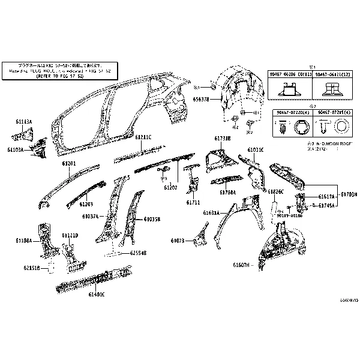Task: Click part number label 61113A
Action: click(24, 121)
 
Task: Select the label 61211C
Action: click(143, 137)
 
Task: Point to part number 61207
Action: click(170, 187)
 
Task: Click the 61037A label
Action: click(92, 215)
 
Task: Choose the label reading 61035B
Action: click(152, 219)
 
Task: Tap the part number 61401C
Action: click(97, 294)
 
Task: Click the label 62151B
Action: click(32, 268)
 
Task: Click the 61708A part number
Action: click(227, 193)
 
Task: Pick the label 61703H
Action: click(349, 194)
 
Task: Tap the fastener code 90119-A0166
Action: click(290, 215)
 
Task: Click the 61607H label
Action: click(241, 264)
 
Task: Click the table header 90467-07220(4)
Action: click(290, 112)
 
